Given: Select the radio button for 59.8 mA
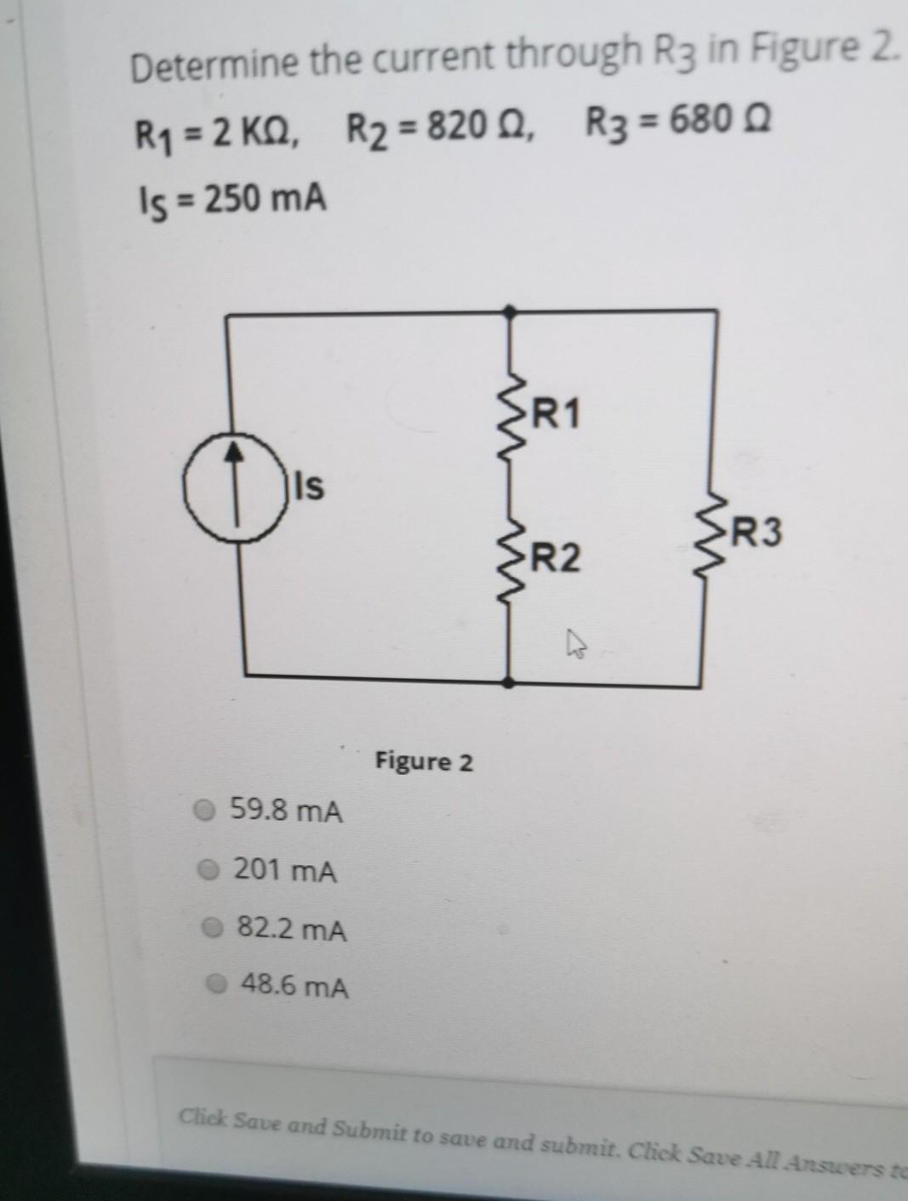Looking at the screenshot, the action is click(x=203, y=811).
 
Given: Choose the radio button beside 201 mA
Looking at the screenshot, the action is click(x=207, y=869).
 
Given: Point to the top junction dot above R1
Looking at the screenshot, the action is click(x=510, y=312).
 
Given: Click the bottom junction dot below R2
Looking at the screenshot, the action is click(x=508, y=682).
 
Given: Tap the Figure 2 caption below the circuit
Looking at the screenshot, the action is click(x=424, y=761).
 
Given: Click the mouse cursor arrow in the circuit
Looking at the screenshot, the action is click(x=577, y=648).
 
